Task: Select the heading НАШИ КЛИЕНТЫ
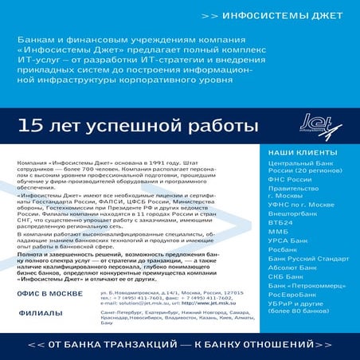299,151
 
